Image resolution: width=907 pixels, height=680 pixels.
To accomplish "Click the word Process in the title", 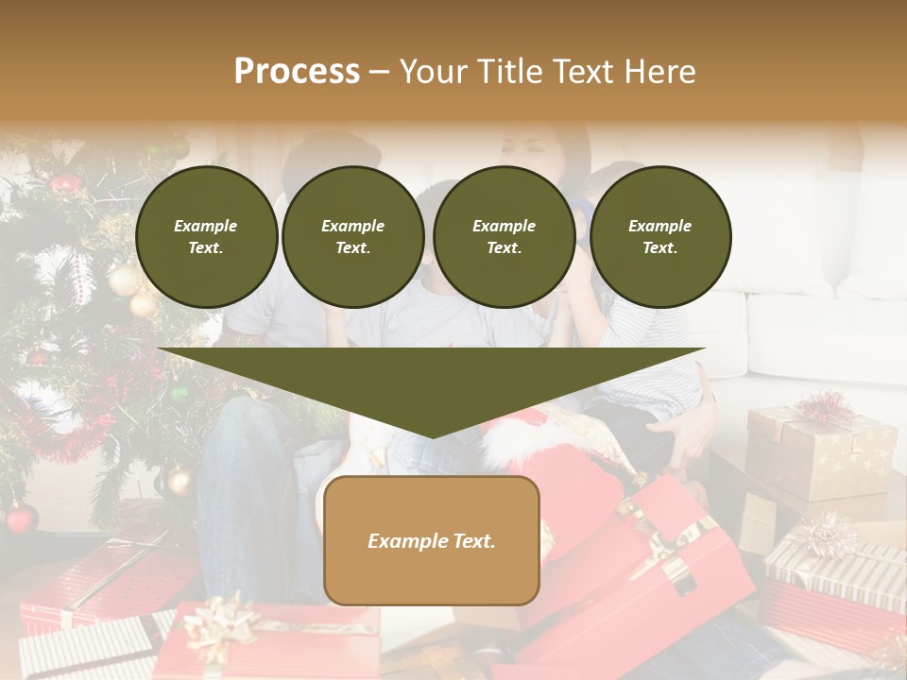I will point(297,71).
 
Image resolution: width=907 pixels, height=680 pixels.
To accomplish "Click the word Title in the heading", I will point(511,71).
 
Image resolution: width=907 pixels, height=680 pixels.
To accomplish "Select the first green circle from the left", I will point(206,236).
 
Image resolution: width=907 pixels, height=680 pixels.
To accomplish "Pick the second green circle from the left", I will point(352,236).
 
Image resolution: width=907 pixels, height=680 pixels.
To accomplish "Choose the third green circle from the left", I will point(504,236).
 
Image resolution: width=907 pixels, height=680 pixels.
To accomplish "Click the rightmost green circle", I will point(659,236).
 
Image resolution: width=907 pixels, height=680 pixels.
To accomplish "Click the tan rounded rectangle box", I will point(431,540).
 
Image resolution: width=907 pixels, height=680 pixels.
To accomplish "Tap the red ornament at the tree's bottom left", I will point(20,518).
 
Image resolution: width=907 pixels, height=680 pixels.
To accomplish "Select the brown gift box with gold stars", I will point(820,453).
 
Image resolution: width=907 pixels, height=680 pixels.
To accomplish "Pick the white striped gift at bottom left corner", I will point(85,652).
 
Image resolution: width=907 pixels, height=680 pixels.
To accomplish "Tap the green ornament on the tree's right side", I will point(178,392).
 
